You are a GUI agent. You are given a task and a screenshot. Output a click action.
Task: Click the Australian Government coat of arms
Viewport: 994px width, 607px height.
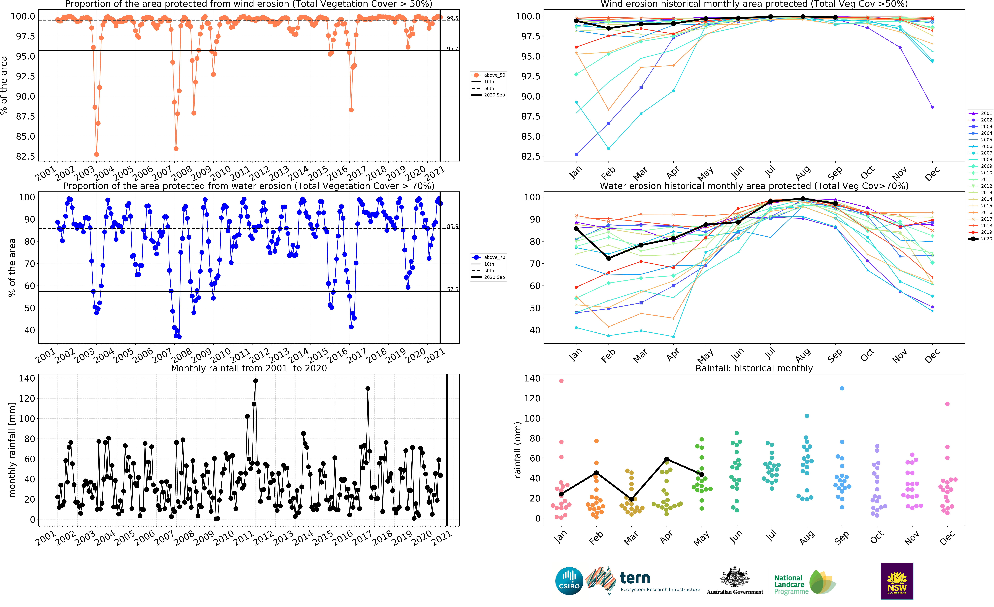pyautogui.click(x=735, y=577)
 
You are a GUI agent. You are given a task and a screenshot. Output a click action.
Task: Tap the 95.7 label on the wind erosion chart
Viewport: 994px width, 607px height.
pyautogui.click(x=452, y=48)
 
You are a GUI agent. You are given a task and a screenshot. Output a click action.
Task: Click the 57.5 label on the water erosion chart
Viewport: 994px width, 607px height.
pyautogui.click(x=452, y=289)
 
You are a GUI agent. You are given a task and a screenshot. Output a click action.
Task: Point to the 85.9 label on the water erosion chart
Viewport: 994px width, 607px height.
pyautogui.click(x=452, y=226)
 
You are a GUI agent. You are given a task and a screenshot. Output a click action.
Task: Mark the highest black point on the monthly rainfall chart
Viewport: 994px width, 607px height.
pyautogui.click(x=255, y=381)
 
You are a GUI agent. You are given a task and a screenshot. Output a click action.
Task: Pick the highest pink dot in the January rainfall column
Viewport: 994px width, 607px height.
pyautogui.click(x=561, y=381)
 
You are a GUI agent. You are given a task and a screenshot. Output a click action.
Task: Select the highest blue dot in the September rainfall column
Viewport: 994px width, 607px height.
pyautogui.click(x=842, y=388)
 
